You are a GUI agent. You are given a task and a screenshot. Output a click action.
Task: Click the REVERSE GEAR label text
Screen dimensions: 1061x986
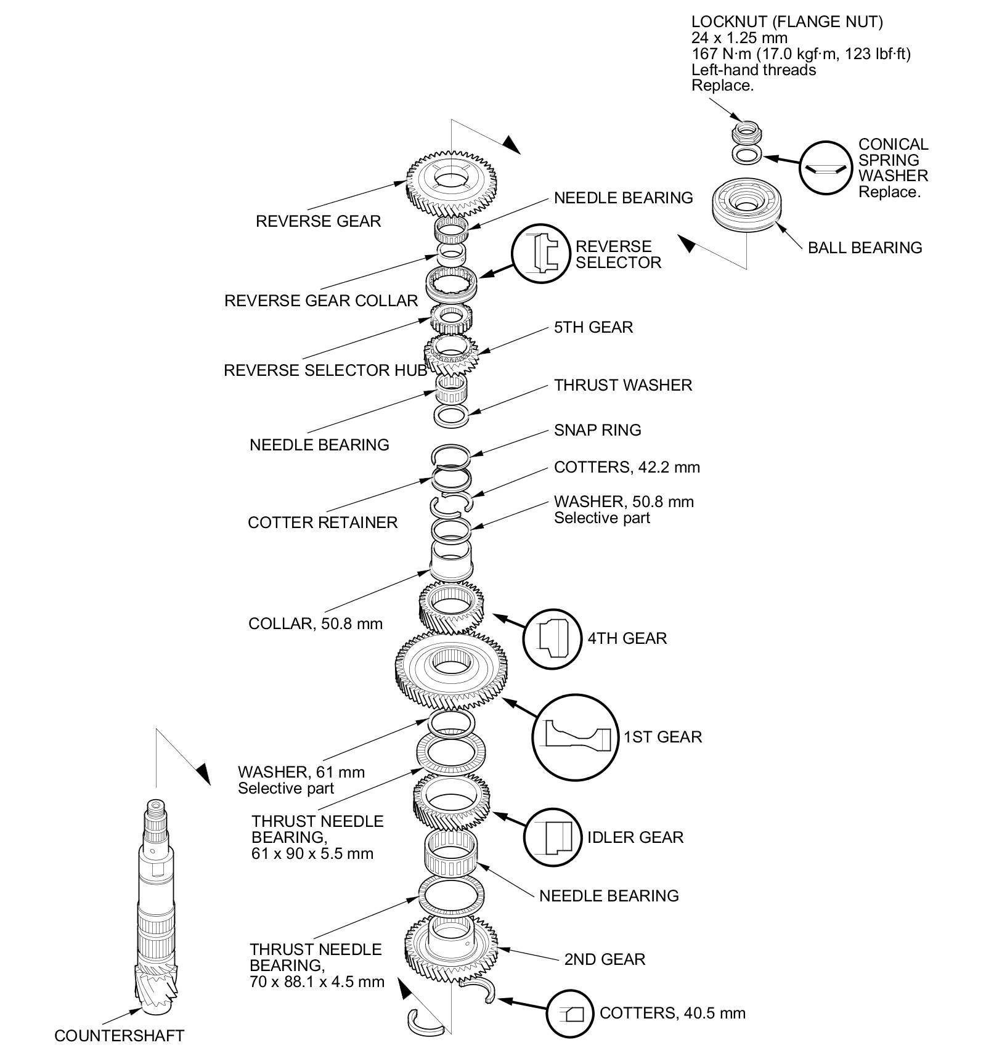click(x=318, y=221)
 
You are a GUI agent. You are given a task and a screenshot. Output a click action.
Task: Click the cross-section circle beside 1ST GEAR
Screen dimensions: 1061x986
click(x=574, y=737)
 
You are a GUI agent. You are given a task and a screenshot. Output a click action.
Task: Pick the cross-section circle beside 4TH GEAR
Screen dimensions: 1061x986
click(x=552, y=638)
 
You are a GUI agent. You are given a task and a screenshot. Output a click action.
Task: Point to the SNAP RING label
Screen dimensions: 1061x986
click(x=597, y=430)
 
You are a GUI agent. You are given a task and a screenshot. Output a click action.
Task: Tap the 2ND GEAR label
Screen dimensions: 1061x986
click(x=605, y=959)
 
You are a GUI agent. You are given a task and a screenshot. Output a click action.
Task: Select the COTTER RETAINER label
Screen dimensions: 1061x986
click(x=322, y=522)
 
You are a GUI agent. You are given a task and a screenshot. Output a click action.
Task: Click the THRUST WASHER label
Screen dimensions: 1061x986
click(x=622, y=385)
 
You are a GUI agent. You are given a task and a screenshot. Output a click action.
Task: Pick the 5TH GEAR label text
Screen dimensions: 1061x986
click(x=593, y=327)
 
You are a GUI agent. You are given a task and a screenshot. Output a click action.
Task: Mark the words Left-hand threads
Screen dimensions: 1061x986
click(x=753, y=70)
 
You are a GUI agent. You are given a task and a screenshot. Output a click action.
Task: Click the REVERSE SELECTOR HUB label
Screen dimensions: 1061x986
click(x=325, y=370)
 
